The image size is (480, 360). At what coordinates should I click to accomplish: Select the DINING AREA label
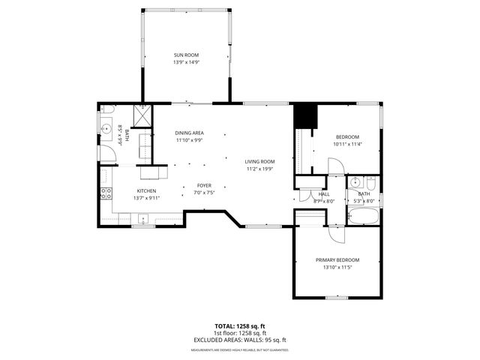189,133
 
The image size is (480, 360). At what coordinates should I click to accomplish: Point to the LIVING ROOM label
259,161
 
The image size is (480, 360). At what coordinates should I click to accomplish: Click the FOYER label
204,185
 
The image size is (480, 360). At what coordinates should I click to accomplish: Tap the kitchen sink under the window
142,219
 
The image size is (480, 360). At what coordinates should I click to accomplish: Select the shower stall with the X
142,117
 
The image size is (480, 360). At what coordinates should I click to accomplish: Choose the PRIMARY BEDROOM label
337,261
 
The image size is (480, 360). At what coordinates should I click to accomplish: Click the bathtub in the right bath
364,217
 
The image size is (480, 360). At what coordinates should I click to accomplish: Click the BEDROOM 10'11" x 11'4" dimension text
347,144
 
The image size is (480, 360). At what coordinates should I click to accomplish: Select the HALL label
303,194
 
